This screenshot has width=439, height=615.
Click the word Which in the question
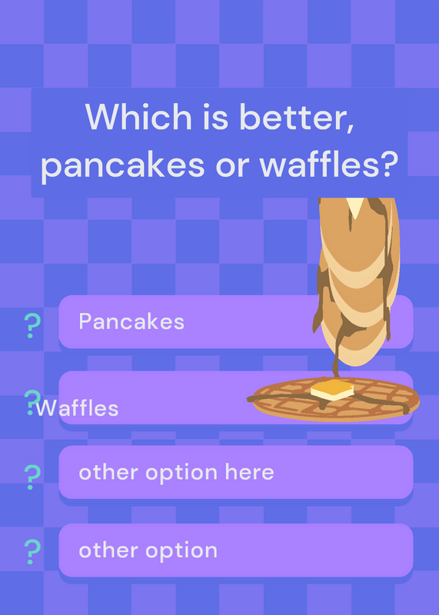[138, 117]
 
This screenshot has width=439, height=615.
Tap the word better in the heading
[297, 118]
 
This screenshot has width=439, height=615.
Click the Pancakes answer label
[131, 321]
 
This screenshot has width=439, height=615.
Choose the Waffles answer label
[77, 408]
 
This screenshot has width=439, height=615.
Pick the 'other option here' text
[176, 473]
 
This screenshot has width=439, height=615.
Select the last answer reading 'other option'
[148, 550]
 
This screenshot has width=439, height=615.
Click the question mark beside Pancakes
[32, 325]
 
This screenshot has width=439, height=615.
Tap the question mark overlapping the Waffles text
[32, 402]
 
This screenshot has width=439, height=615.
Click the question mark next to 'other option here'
[32, 477]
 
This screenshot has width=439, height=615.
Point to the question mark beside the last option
[32, 552]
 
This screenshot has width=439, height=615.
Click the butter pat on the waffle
[332, 390]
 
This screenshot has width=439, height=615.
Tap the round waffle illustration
[334, 399]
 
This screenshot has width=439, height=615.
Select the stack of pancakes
[356, 281]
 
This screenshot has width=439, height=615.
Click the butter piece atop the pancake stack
[355, 207]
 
